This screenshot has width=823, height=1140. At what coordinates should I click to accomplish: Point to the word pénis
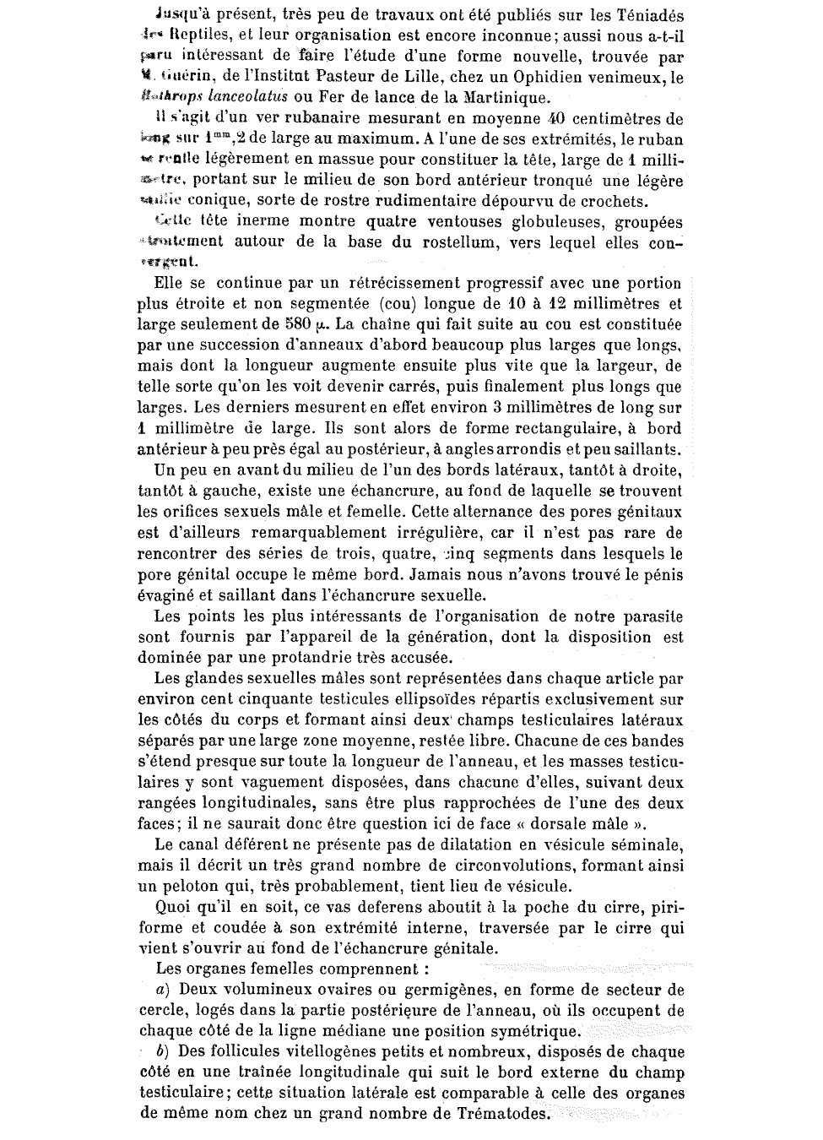(x=660, y=575)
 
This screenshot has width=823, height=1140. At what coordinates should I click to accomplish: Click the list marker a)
(x=163, y=989)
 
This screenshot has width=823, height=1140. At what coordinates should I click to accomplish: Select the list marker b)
(x=164, y=1052)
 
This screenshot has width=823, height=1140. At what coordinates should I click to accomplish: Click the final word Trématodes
(x=495, y=1114)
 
